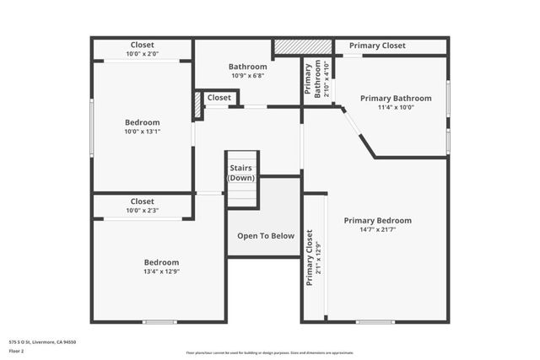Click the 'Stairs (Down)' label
click(241, 173)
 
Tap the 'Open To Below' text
click(266, 236)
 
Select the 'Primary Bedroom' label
click(377, 220)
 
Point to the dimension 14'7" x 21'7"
click(377, 230)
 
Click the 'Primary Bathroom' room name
click(396, 99)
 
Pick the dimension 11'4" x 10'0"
click(396, 108)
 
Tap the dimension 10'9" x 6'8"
click(247, 76)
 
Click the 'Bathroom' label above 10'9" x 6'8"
click(248, 67)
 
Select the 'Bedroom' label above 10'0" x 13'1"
click(142, 122)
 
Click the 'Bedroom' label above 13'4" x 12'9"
click(160, 262)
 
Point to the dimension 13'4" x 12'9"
click(160, 271)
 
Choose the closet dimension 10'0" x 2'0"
click(142, 54)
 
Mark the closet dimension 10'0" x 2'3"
click(142, 211)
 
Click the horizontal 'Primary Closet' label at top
click(377, 46)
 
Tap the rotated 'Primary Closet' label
click(310, 257)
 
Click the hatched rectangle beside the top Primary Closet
click(302, 46)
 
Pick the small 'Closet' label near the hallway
click(219, 98)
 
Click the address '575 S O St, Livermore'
click(42, 342)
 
